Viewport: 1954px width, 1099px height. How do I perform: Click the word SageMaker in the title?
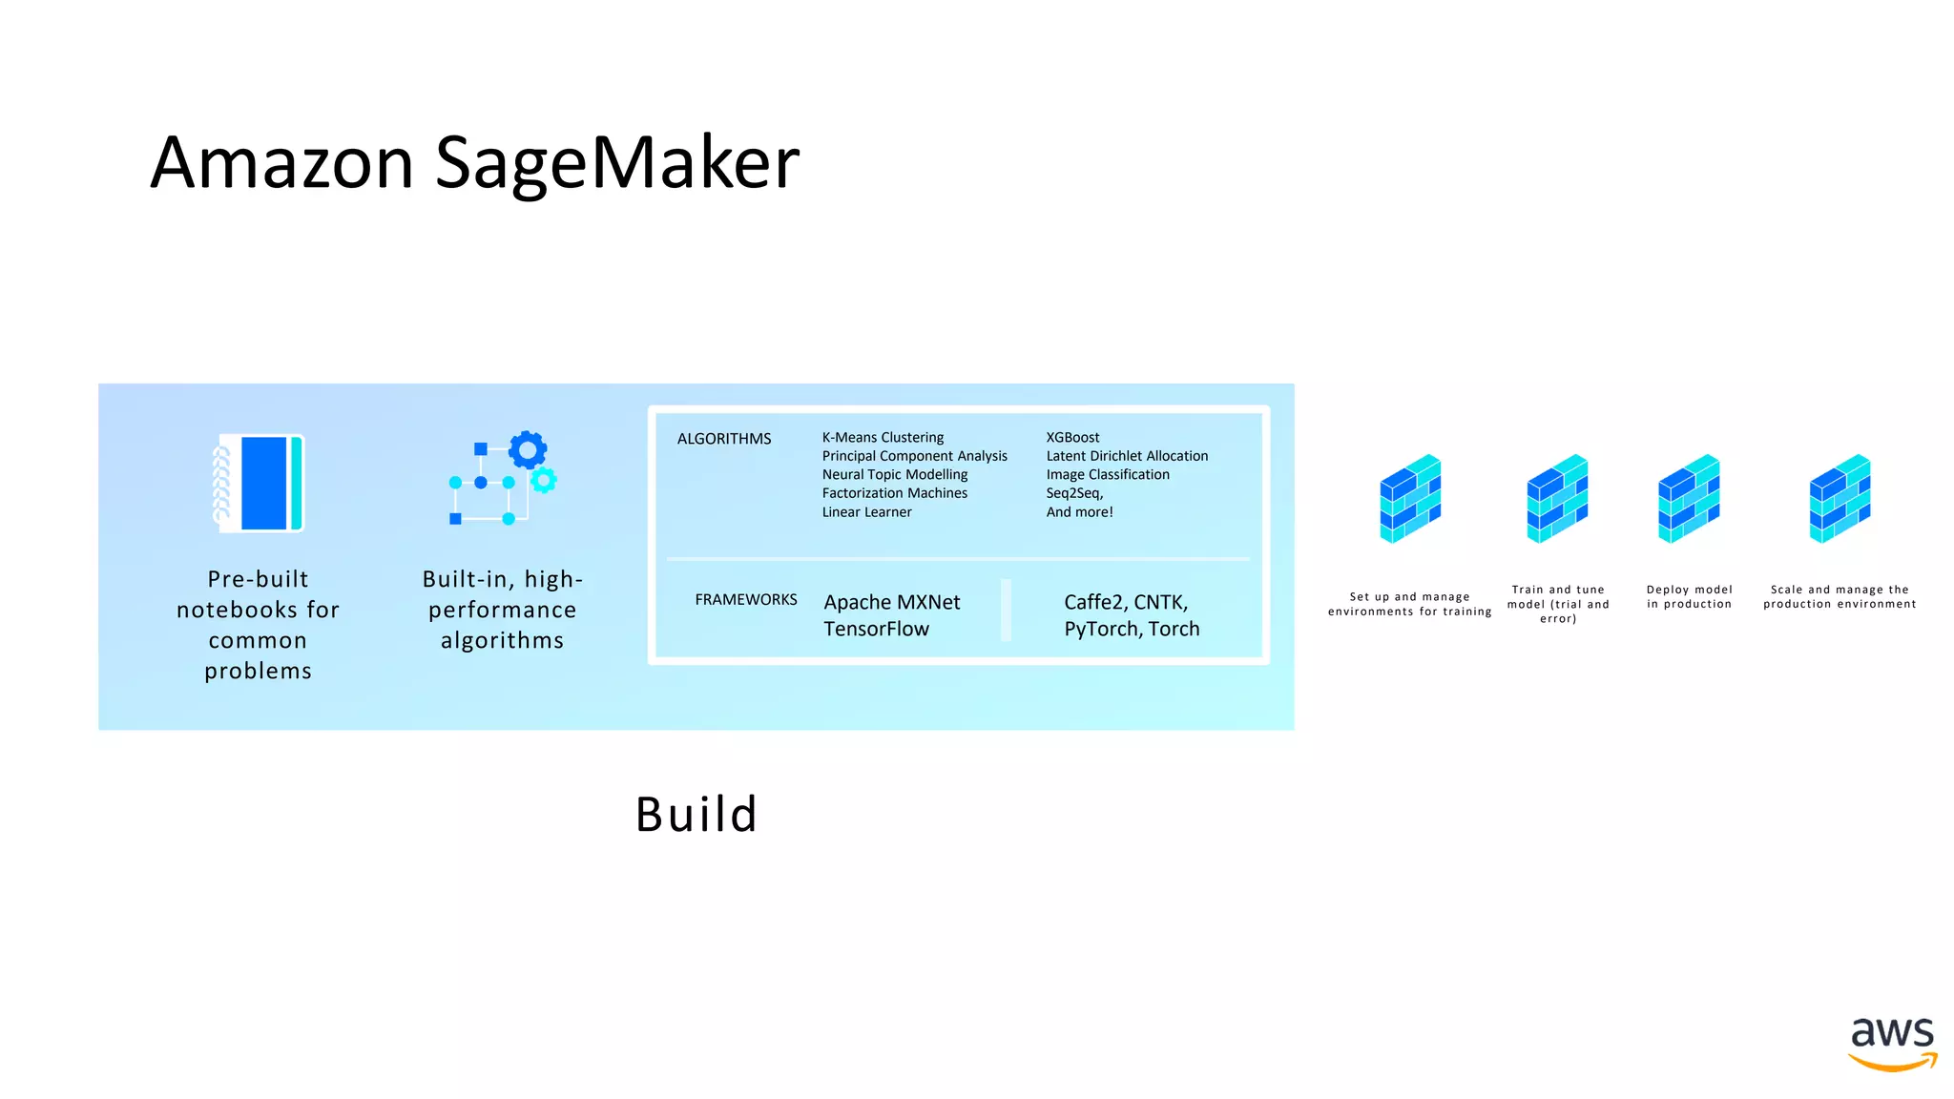pos(617,162)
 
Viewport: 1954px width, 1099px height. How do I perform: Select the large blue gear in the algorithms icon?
pos(528,449)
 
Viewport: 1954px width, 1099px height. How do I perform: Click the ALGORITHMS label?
pos(724,439)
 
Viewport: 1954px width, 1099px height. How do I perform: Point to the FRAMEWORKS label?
pos(746,599)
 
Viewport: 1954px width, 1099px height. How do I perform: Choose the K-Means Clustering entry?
pos(883,437)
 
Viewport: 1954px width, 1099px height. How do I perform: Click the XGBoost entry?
pos(1072,437)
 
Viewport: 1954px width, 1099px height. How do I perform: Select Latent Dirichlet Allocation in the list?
pos(1127,456)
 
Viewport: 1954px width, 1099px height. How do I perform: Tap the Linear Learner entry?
pos(866,512)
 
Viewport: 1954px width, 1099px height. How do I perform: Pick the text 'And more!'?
pos(1079,512)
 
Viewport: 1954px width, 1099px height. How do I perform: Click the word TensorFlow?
pos(876,629)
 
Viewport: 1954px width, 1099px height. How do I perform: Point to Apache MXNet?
pos(892,602)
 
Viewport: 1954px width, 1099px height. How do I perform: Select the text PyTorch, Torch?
pos(1132,629)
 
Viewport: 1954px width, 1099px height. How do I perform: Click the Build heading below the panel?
pos(696,815)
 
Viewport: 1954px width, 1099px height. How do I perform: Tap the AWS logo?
pos(1892,1043)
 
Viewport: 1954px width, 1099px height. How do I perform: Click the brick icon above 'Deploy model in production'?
pos(1689,498)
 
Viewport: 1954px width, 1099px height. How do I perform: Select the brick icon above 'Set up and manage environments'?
pos(1409,498)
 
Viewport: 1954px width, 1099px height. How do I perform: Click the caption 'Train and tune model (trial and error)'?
pos(1558,604)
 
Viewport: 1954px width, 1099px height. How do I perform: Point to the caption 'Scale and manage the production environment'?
pos(1840,596)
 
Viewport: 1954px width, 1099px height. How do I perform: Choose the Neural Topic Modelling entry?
pos(895,474)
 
